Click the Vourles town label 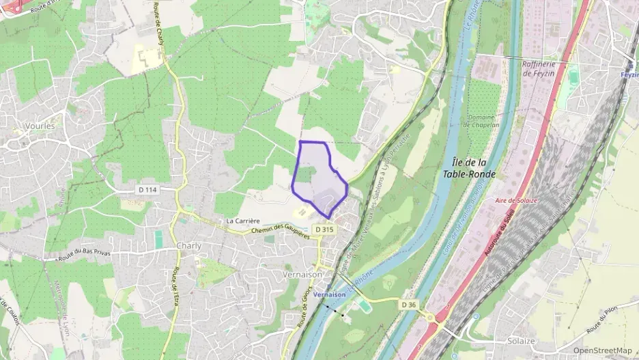tap(39, 126)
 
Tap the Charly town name tap(188, 246)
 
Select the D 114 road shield tap(151, 189)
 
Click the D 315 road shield tap(324, 230)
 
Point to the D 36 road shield tap(408, 304)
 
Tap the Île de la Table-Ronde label tap(474, 167)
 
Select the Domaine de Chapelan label tap(486, 120)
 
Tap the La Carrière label tap(243, 221)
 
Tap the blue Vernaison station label tap(330, 294)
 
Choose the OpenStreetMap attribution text tap(602, 350)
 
